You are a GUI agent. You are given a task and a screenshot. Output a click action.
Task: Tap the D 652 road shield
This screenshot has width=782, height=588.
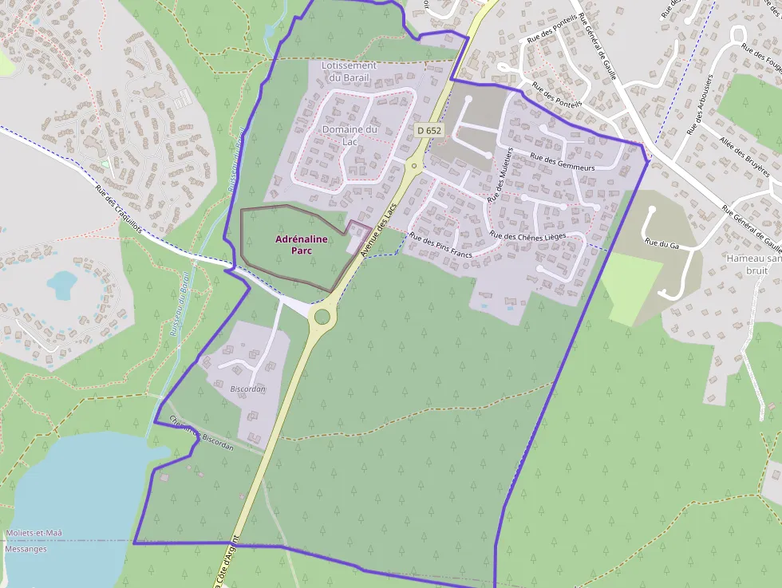tap(429, 130)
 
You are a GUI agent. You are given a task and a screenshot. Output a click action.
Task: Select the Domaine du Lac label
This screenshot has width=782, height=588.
tap(350, 135)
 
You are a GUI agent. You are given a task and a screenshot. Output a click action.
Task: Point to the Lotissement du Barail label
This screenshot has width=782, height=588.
tap(349, 71)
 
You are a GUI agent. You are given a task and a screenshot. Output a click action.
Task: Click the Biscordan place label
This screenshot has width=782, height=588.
tap(247, 389)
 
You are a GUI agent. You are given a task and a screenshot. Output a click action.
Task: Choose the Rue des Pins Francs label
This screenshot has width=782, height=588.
tap(440, 246)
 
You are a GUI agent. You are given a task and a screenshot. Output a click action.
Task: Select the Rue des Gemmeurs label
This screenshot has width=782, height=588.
tap(563, 162)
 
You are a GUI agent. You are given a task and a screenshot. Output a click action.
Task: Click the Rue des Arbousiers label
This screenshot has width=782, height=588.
tap(699, 104)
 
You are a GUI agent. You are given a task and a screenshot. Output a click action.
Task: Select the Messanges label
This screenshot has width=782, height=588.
tap(26, 549)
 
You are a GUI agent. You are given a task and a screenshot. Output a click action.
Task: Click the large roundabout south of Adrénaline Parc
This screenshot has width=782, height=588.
tap(322, 316)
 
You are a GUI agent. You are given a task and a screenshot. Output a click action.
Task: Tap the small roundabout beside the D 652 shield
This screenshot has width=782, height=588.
tap(413, 167)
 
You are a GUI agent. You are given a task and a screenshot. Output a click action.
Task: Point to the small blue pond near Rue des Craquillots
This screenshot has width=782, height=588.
tap(61, 282)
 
